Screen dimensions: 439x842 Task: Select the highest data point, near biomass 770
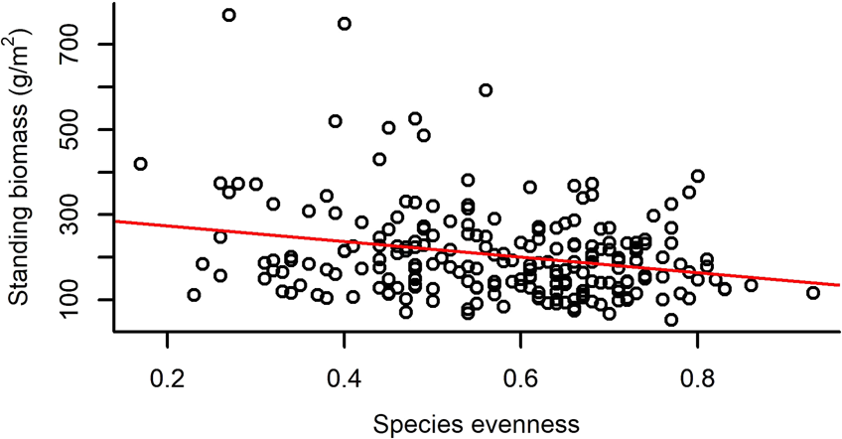[x=228, y=15]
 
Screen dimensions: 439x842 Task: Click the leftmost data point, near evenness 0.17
[x=140, y=163]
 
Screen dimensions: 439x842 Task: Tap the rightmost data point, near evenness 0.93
[x=813, y=292]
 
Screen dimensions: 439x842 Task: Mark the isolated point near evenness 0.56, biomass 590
[x=486, y=90]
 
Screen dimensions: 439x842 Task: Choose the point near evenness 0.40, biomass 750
[x=345, y=24]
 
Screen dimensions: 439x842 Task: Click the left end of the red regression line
[x=116, y=220]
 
